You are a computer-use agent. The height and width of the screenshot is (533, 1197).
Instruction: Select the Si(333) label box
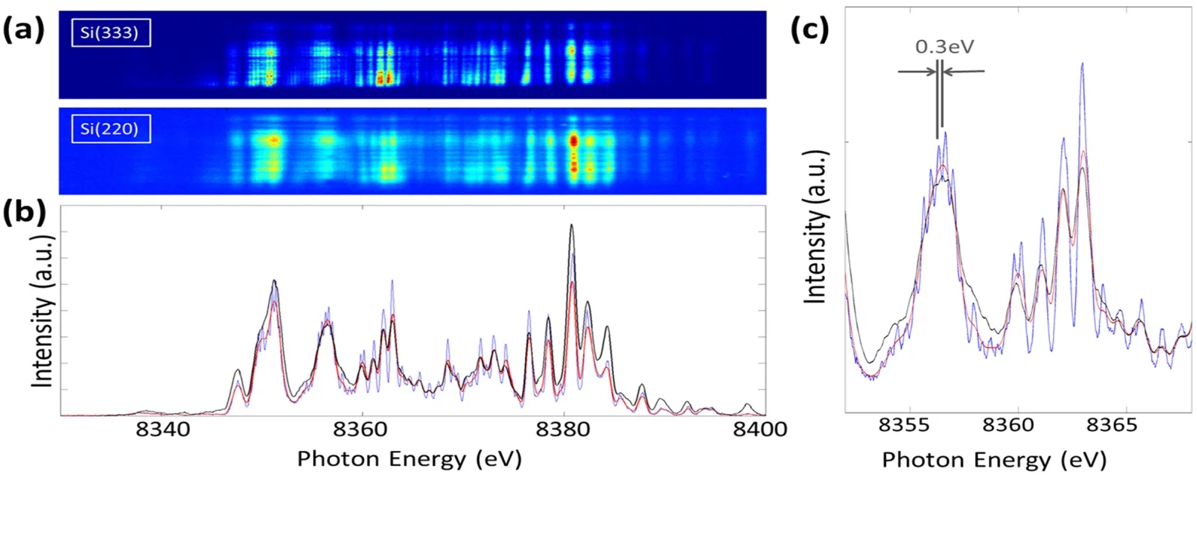click(x=111, y=33)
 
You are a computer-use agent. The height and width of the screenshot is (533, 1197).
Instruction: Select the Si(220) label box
click(x=111, y=129)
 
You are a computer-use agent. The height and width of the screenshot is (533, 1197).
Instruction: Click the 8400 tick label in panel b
click(x=759, y=430)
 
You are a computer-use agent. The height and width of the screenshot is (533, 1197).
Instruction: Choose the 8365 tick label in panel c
click(x=1112, y=425)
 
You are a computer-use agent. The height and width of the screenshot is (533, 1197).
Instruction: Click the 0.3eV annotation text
click(x=945, y=47)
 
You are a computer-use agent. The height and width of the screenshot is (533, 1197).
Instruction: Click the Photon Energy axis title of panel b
click(x=409, y=458)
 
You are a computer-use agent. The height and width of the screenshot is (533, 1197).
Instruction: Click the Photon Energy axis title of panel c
click(x=994, y=459)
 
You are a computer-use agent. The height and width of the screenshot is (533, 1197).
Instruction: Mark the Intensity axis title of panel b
click(x=44, y=311)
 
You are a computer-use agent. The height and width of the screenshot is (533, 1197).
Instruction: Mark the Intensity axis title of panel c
click(x=816, y=226)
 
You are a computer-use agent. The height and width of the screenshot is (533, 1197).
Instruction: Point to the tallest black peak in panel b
click(x=572, y=225)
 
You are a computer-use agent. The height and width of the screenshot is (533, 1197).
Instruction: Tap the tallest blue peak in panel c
click(x=1082, y=64)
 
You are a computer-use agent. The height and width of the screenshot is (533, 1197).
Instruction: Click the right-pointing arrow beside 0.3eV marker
click(x=915, y=72)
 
